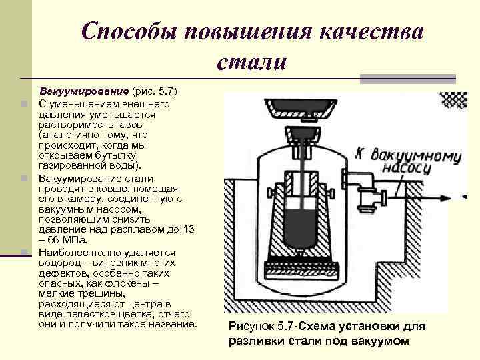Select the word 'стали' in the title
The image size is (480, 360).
(251, 62)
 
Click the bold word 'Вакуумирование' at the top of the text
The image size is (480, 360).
(84, 90)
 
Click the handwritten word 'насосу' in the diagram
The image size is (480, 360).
(405, 169)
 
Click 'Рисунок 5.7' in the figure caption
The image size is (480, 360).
(261, 327)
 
